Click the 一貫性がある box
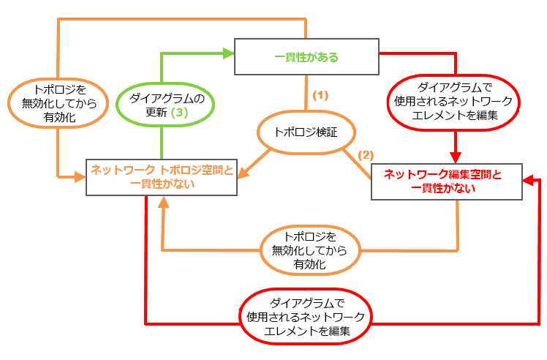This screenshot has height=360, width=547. click(306, 56)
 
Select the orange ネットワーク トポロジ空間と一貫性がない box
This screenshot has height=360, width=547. click(162, 176)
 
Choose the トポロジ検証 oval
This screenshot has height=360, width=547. click(306, 133)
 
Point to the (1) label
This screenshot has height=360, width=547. click(320, 95)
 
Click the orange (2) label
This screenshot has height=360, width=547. click(366, 155)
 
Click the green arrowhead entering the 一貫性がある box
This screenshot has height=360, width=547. click(227, 52)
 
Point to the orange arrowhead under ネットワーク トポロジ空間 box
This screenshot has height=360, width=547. click(162, 203)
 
